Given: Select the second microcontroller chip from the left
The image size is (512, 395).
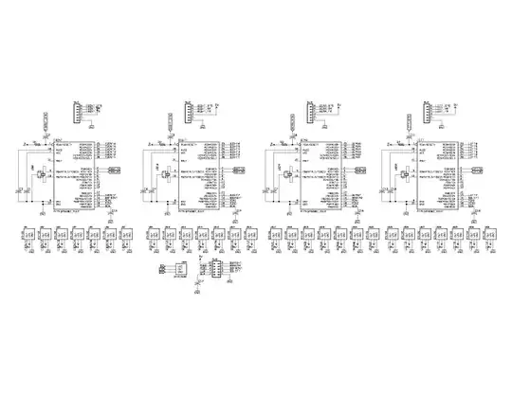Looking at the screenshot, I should point(195,178).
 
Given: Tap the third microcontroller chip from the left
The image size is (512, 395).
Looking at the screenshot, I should point(320,178).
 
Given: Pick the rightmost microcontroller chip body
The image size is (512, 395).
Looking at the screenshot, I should point(438,178).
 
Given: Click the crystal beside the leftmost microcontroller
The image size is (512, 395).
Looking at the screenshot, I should point(40,172).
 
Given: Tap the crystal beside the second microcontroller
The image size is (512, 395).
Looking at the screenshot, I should point(161,172).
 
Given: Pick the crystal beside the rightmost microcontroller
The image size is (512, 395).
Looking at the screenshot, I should point(404,172).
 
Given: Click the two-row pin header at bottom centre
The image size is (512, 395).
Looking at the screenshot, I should point(215,269).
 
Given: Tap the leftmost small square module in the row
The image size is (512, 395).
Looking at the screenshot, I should point(28,233).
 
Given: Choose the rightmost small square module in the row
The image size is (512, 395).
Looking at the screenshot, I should point(489,233).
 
